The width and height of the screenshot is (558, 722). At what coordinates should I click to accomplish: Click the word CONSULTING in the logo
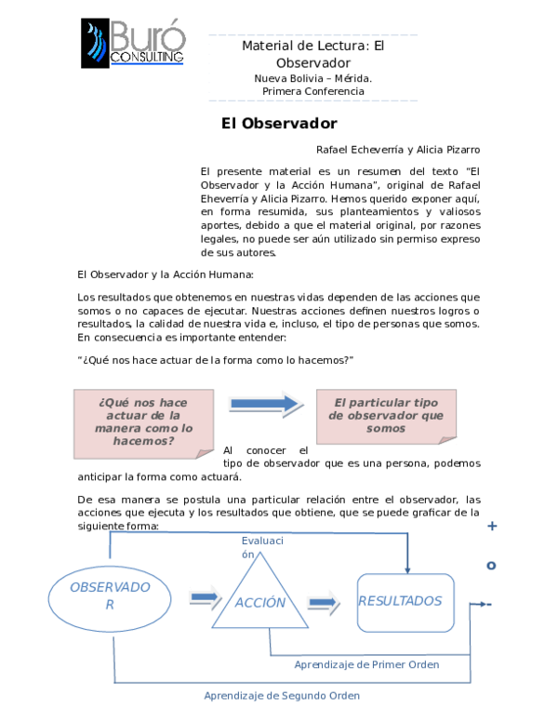(x=147, y=58)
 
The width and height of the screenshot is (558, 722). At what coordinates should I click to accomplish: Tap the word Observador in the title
(x=312, y=62)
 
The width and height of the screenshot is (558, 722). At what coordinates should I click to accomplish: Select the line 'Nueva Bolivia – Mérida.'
(x=312, y=78)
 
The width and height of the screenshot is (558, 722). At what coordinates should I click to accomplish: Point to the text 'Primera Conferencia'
(x=312, y=91)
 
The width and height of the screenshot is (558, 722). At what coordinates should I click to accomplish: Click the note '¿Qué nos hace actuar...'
(x=143, y=422)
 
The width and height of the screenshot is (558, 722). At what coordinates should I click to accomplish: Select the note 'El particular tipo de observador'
(x=386, y=416)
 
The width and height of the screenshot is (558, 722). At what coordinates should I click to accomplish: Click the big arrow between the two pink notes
(x=265, y=403)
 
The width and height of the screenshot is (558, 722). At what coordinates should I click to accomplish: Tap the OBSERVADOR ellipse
(x=110, y=595)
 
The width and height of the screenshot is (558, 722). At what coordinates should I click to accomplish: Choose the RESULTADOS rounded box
(x=405, y=602)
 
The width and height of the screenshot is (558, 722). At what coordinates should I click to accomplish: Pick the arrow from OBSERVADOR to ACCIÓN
(x=205, y=596)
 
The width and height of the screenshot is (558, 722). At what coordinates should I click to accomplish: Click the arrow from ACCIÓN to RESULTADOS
(x=323, y=602)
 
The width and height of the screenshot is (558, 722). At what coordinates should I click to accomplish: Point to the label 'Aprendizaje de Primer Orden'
(x=365, y=665)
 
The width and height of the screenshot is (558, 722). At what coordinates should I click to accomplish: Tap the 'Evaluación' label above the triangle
(x=261, y=547)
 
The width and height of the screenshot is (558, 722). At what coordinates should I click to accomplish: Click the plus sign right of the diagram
(x=492, y=527)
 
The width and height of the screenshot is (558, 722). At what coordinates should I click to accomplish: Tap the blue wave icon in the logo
(x=97, y=44)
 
